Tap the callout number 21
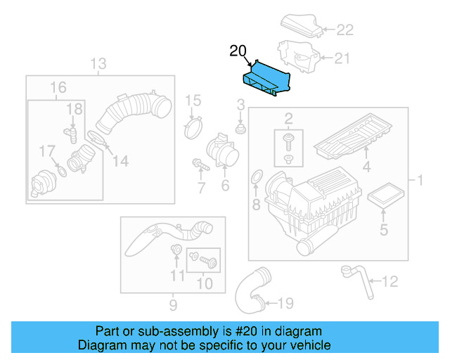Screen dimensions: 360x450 341,58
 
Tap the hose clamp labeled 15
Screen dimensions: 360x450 192,128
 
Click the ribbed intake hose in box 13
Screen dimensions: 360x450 135,110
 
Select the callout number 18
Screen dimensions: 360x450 74,108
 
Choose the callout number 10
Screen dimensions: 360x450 204,283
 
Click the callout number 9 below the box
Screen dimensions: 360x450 172,304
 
